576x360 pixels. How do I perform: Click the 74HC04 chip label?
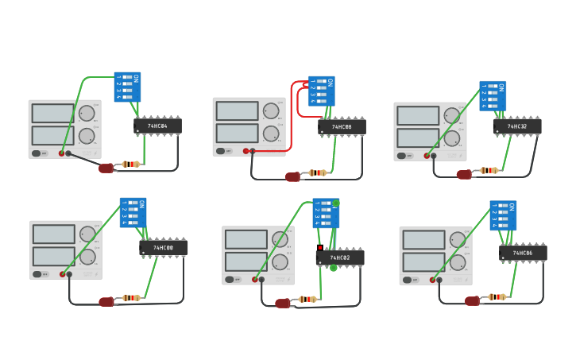click(x=157, y=126)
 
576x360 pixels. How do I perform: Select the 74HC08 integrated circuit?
click(x=342, y=127)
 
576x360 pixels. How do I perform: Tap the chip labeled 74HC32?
click(x=517, y=126)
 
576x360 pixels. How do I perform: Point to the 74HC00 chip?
click(x=164, y=248)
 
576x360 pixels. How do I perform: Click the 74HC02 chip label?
click(x=340, y=257)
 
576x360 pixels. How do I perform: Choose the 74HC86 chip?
click(x=523, y=254)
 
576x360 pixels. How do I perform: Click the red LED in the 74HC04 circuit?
click(x=106, y=168)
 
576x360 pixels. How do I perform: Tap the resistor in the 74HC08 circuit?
click(x=318, y=172)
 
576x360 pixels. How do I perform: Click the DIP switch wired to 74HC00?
click(x=133, y=213)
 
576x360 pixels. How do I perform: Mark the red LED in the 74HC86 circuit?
click(x=472, y=301)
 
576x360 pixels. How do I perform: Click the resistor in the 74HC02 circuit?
click(x=307, y=300)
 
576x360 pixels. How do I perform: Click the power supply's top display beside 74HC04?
click(x=53, y=113)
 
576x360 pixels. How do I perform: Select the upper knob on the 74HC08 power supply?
click(x=271, y=110)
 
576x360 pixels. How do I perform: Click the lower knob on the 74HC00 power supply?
click(x=87, y=257)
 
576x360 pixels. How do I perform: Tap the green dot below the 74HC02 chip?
click(x=334, y=268)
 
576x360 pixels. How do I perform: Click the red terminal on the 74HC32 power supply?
click(x=427, y=156)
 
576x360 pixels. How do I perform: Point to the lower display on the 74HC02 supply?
click(x=246, y=261)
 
